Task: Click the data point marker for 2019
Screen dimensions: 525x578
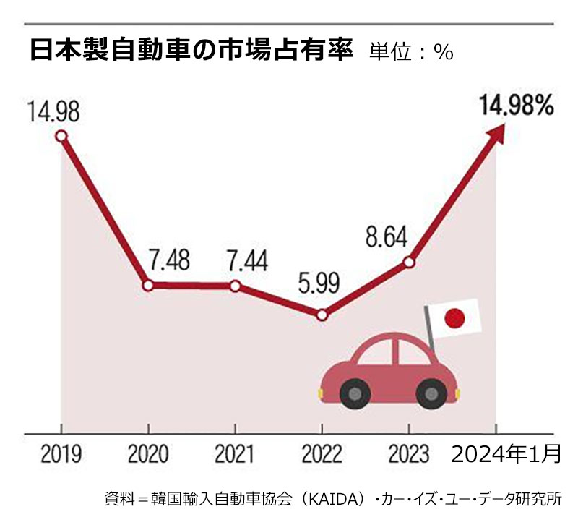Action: click(61, 136)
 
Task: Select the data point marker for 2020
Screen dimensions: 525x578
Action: click(148, 286)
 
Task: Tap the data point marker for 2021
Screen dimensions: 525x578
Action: click(235, 286)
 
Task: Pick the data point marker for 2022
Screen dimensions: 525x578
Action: click(322, 315)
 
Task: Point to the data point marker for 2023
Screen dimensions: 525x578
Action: click(409, 262)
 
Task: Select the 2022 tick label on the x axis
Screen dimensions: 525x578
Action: click(322, 455)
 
